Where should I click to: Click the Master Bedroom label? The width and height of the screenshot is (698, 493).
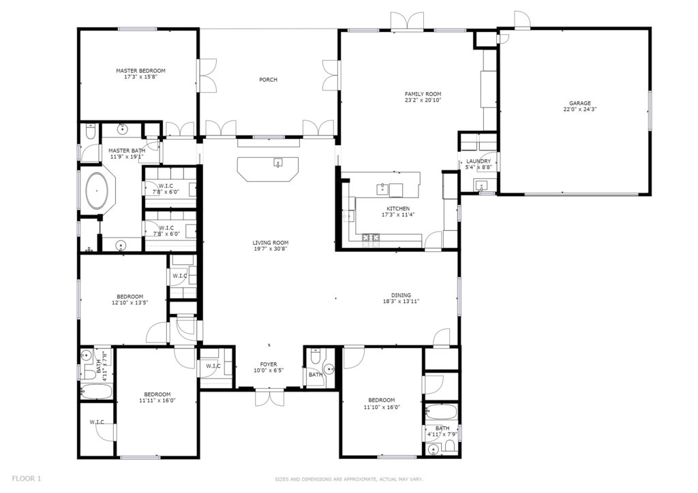pyautogui.click(x=140, y=71)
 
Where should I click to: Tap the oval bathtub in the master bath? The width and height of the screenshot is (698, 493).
pyautogui.click(x=97, y=191)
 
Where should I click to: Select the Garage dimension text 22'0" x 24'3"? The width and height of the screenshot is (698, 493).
pyautogui.click(x=579, y=109)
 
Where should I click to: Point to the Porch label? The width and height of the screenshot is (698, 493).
pyautogui.click(x=268, y=80)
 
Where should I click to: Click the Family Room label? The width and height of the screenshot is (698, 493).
pyautogui.click(x=423, y=94)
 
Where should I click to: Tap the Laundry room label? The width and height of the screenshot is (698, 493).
pyautogui.click(x=479, y=161)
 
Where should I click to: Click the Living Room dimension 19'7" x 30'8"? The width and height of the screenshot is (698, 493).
pyautogui.click(x=270, y=249)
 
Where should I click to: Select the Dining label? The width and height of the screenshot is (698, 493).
pyautogui.click(x=401, y=295)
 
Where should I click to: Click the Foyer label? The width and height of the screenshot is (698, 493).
pyautogui.click(x=269, y=364)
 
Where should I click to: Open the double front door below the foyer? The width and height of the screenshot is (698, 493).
pyautogui.click(x=269, y=398)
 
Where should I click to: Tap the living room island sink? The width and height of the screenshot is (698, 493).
pyautogui.click(x=278, y=162)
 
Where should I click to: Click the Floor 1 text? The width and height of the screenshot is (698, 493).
pyautogui.click(x=27, y=479)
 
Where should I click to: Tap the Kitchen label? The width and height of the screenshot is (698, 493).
pyautogui.click(x=398, y=208)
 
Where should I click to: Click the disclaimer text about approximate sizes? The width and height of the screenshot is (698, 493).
pyautogui.click(x=348, y=479)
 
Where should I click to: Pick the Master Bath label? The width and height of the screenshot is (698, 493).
pyautogui.click(x=126, y=150)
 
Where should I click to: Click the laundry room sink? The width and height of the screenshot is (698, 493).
pyautogui.click(x=481, y=185)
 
